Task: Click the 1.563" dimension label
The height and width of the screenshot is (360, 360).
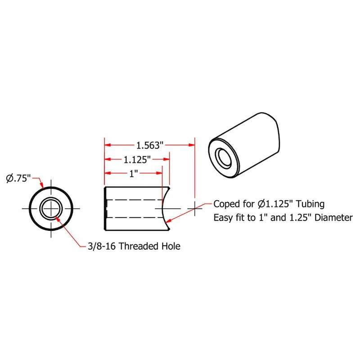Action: pos(149,145)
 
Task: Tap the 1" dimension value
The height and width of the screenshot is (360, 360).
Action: pos(133,174)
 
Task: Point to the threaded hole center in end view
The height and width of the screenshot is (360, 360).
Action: pos(51,209)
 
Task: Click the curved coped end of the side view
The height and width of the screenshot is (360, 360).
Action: pos(162,209)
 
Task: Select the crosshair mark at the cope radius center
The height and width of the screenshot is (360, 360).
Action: pos(194,208)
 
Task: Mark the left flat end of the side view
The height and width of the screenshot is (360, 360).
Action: pos(105,209)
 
